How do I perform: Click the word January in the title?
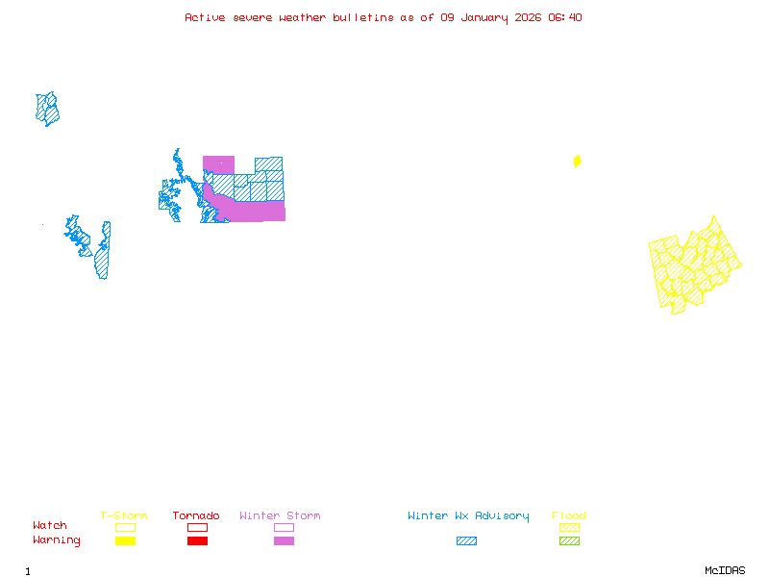click(481, 17)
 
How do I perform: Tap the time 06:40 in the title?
click(564, 17)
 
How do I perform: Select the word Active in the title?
click(206, 17)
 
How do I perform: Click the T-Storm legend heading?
click(124, 515)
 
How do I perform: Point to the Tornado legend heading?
click(196, 515)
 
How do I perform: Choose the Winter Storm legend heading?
click(280, 515)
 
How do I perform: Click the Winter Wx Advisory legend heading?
click(468, 515)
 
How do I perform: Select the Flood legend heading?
click(569, 515)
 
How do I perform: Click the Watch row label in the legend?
click(50, 526)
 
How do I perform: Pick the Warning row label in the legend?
click(57, 540)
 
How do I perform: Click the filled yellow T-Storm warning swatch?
click(125, 540)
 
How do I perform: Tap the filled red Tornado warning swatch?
click(197, 540)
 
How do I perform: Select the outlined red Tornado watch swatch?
click(197, 527)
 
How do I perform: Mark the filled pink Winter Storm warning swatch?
click(284, 540)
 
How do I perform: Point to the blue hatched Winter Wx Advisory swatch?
click(466, 540)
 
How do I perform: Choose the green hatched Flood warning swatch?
click(569, 540)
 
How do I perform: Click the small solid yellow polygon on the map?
click(577, 162)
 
